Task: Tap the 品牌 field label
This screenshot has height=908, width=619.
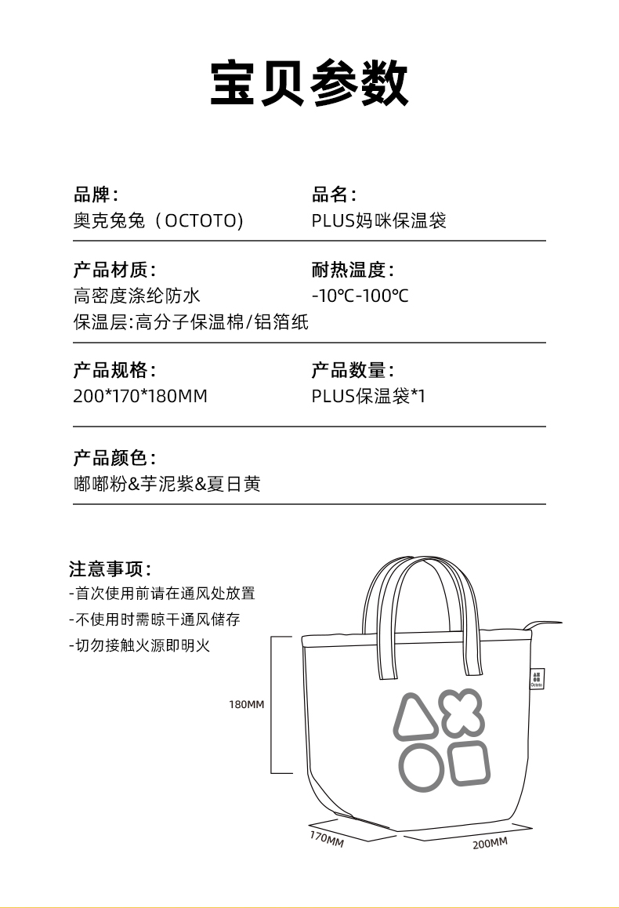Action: (x=96, y=194)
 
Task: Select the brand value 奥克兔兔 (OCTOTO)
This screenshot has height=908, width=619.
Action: (x=158, y=220)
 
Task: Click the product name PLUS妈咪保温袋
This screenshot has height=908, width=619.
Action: (x=378, y=220)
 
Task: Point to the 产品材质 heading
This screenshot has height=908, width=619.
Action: (x=114, y=271)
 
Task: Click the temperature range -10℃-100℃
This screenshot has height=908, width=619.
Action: (x=360, y=296)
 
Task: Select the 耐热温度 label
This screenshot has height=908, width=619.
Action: (x=353, y=271)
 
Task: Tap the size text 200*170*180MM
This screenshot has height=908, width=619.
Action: (x=140, y=396)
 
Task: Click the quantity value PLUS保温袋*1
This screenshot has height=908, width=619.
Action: (x=368, y=396)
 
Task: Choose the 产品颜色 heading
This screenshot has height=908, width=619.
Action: (x=114, y=458)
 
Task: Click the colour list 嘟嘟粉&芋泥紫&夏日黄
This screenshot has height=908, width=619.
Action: (x=166, y=484)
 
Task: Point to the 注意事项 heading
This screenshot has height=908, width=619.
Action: (x=110, y=568)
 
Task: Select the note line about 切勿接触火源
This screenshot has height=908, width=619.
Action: (x=140, y=645)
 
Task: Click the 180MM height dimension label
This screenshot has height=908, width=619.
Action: (x=246, y=704)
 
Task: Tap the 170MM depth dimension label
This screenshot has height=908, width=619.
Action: (x=326, y=838)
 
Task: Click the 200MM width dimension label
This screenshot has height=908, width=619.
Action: (x=490, y=843)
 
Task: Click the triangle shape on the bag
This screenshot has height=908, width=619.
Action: (x=417, y=716)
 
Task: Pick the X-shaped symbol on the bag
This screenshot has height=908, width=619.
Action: (x=461, y=711)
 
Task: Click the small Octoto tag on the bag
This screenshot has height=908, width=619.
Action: (x=536, y=679)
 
